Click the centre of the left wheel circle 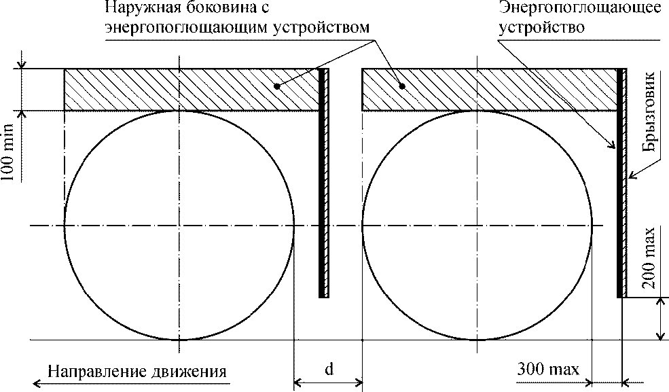pyautogui.click(x=179, y=226)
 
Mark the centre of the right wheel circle pyautogui.click(x=477, y=226)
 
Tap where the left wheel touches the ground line pyautogui.click(x=179, y=340)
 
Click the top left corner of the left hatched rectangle pyautogui.click(x=65, y=69)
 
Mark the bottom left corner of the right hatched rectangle pyautogui.click(x=362, y=111)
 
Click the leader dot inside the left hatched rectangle pyautogui.click(x=277, y=86)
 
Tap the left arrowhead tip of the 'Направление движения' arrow pyautogui.click(x=33, y=382)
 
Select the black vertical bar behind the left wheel pyautogui.click(x=321, y=183)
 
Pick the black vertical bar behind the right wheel pyautogui.click(x=619, y=183)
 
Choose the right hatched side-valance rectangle pyautogui.click(x=490, y=90)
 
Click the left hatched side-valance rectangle pyautogui.click(x=192, y=90)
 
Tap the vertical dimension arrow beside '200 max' pyautogui.click(x=660, y=319)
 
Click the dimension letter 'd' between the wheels pyautogui.click(x=329, y=368)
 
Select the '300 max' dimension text pyautogui.click(x=548, y=368)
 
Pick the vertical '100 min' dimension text pyautogui.click(x=10, y=152)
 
